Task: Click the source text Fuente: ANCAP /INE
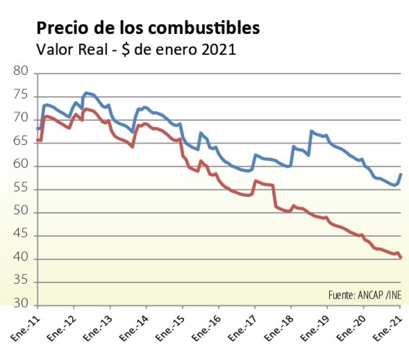click(x=365, y=296)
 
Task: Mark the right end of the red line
click(x=400, y=257)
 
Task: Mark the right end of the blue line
click(x=400, y=174)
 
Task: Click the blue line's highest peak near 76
click(x=86, y=92)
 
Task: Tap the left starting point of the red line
click(x=37, y=140)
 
